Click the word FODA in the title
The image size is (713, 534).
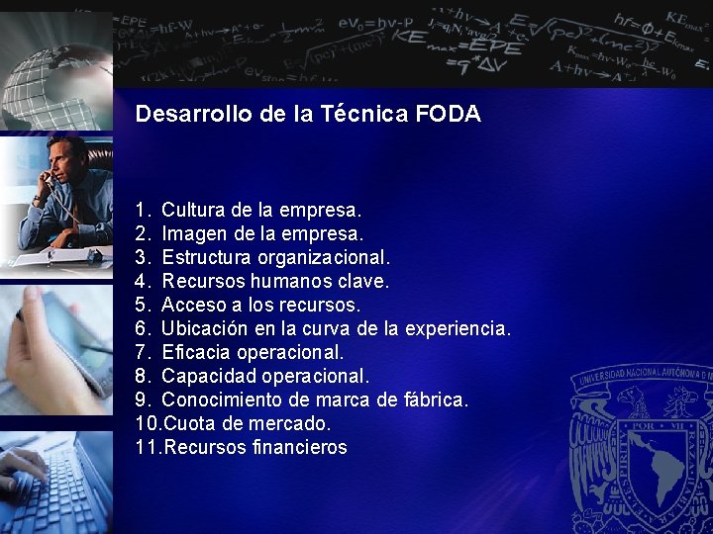coord(449,114)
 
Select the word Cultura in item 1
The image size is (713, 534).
coord(193,210)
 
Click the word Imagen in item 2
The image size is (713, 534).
coord(193,233)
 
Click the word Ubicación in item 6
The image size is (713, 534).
coord(203,328)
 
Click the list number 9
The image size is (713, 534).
coord(143,400)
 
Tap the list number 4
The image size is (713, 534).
coord(143,281)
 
